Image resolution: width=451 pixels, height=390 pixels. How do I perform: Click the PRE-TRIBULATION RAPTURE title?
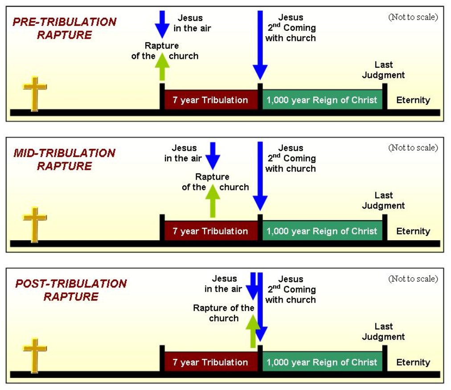[x=64, y=29]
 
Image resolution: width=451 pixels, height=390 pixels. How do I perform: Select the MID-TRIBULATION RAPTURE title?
[x=64, y=160]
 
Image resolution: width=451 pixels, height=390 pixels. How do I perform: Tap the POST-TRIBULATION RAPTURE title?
[x=70, y=290]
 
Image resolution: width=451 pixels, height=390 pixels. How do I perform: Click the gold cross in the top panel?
[x=35, y=94]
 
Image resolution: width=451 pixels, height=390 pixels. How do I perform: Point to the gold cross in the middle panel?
[x=35, y=224]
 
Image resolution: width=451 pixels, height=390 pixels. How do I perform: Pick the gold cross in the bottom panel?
[x=35, y=355]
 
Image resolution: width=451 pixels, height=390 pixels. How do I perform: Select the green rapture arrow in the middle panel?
[x=213, y=201]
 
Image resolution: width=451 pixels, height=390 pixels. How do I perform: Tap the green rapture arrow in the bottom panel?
[x=252, y=330]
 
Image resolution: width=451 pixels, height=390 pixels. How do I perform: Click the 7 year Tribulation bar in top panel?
[x=210, y=100]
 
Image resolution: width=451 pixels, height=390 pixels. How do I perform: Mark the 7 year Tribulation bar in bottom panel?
[x=210, y=362]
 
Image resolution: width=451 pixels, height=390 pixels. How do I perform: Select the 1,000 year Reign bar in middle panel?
[x=322, y=231]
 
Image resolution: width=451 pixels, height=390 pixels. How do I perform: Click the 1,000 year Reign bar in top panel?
[x=322, y=100]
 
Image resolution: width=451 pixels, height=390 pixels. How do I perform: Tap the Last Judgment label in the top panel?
[x=383, y=70]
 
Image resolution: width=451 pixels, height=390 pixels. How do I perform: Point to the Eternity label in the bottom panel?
[x=413, y=362]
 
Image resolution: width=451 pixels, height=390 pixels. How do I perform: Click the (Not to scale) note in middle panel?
[x=413, y=148]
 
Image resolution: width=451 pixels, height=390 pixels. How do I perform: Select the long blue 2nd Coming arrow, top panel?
[x=260, y=45]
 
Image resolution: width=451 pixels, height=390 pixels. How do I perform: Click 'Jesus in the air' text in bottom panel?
[x=224, y=283]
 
